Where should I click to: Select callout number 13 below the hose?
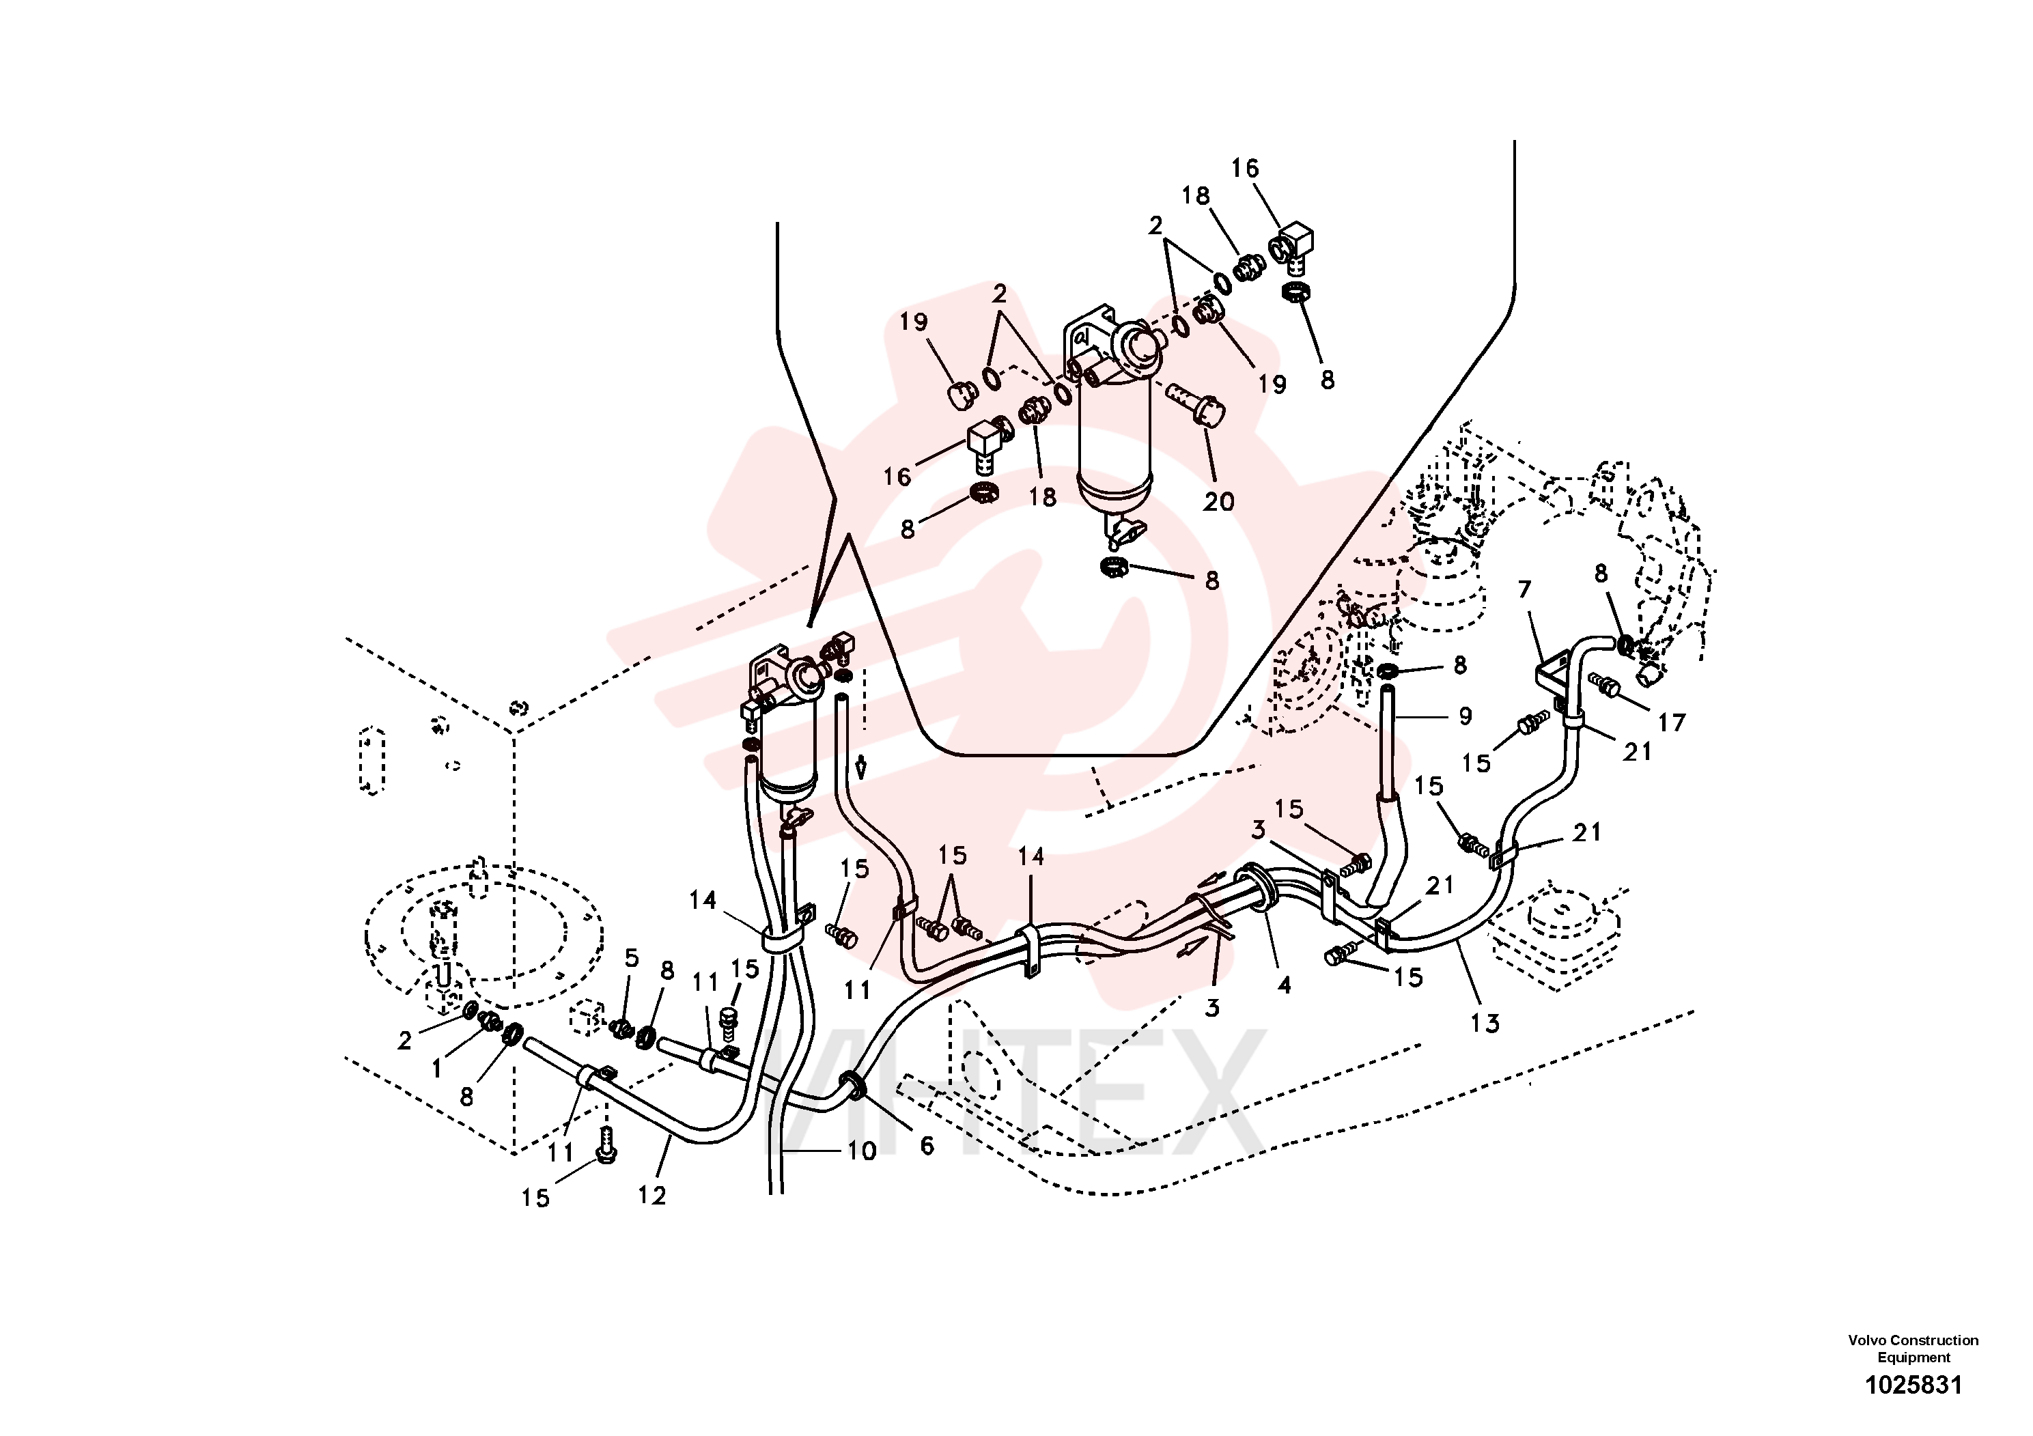1485,1024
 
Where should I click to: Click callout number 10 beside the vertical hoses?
862,1151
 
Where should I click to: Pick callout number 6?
926,1146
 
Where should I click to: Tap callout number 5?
631,957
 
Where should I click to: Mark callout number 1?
436,1069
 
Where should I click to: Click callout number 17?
1671,722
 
